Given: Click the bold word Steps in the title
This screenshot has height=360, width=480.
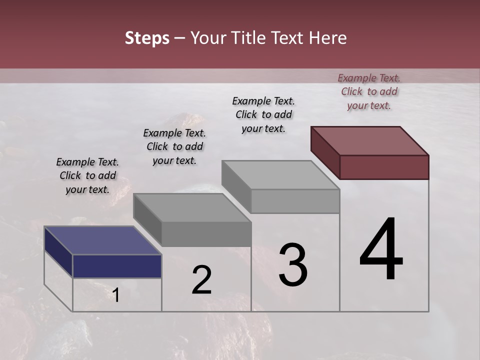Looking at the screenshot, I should pyautogui.click(x=147, y=38).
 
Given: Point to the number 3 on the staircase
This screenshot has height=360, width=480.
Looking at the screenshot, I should pyautogui.click(x=293, y=265).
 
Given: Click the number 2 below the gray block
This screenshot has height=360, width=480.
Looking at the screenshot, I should pyautogui.click(x=201, y=280).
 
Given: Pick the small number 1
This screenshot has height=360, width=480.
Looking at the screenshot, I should pyautogui.click(x=116, y=295).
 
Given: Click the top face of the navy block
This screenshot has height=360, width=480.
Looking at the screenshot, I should pyautogui.click(x=103, y=240).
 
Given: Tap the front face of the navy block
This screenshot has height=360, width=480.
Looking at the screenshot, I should pyautogui.click(x=117, y=266).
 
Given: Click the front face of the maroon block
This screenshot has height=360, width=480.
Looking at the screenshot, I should pyautogui.click(x=384, y=167).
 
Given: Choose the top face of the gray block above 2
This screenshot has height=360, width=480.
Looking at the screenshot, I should pyautogui.click(x=192, y=207).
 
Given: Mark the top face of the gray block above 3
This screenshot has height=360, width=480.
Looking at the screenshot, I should pyautogui.click(x=280, y=174).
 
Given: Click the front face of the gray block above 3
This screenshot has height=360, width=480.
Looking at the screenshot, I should pyautogui.click(x=295, y=201).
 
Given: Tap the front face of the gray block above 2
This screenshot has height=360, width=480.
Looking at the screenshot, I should pyautogui.click(x=206, y=234).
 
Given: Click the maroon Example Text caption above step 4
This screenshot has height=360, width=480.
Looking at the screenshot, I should pyautogui.click(x=369, y=91).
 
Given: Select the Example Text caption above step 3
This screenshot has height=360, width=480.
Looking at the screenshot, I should pyautogui.click(x=263, y=114).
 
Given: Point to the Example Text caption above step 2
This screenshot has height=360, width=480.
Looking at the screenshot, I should pyautogui.click(x=174, y=146).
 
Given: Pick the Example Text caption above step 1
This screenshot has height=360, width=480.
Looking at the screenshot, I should pyautogui.click(x=87, y=175).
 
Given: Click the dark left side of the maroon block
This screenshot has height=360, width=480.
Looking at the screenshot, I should pyautogui.click(x=325, y=152).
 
